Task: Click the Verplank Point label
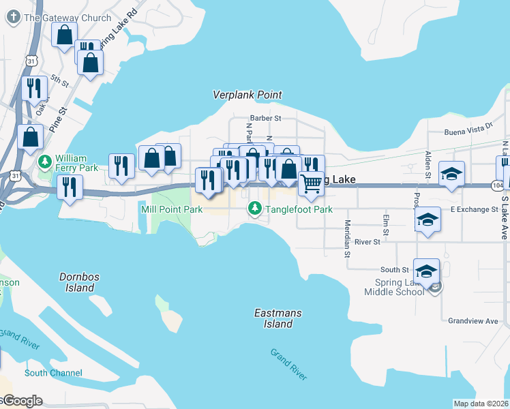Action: (x=247, y=95)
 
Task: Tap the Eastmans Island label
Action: (x=277, y=318)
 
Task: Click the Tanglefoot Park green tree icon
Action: (x=255, y=208)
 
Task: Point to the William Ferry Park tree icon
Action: (x=45, y=162)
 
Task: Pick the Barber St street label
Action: (x=265, y=118)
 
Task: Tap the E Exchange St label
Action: (x=474, y=209)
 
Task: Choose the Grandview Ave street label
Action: (x=473, y=320)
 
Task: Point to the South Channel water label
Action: (x=53, y=373)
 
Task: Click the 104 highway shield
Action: (x=496, y=185)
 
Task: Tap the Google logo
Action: (x=22, y=401)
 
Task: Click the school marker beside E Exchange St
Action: (x=427, y=220)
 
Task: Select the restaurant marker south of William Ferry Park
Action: (x=70, y=187)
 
